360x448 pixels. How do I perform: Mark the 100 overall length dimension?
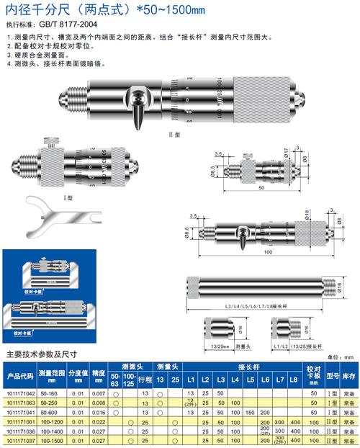coord(266,254)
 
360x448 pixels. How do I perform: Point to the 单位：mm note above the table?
coord(343,357)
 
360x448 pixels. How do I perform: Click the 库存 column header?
coord(349,376)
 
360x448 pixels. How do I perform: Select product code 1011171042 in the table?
coord(19,394)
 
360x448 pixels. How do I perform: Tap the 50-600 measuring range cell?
coord(51,411)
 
